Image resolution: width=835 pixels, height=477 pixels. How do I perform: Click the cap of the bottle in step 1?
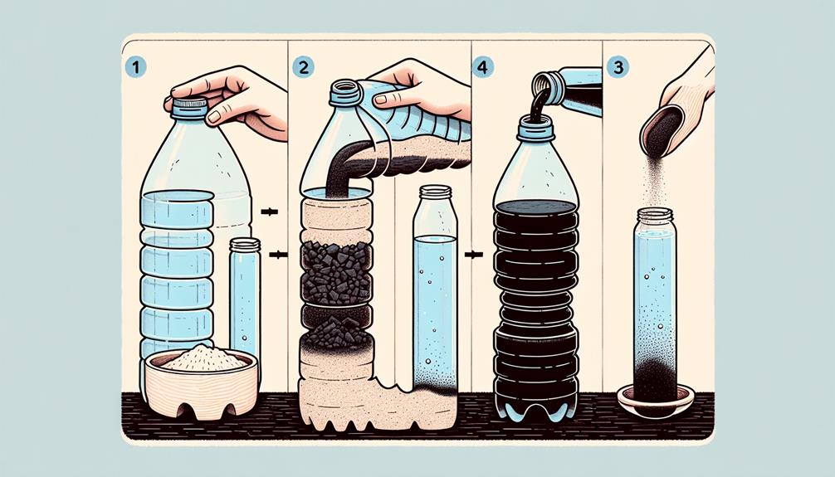pos(190,107)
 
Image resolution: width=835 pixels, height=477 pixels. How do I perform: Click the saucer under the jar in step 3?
pos(656,399)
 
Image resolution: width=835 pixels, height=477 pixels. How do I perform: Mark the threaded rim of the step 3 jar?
pos(655,217)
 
